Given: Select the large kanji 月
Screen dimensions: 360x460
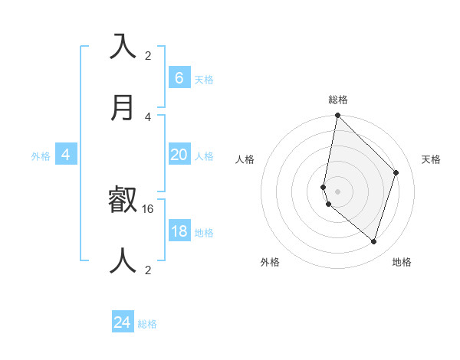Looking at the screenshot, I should coord(123,107).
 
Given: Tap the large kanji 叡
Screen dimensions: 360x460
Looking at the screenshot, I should coord(123,200).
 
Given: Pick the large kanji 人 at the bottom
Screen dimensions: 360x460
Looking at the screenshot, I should coord(123,261).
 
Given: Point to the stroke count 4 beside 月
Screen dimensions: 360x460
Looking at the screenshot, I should coord(148,116).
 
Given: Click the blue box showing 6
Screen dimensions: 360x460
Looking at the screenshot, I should coord(179,77).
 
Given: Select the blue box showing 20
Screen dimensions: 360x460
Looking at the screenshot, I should coord(179,154).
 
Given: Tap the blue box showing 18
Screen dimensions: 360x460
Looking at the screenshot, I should coord(179,231).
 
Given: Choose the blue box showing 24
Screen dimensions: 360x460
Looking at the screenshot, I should coord(123,322).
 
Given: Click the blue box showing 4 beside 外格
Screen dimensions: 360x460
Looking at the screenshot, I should coord(66,155).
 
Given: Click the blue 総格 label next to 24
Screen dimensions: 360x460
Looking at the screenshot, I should coord(148,324).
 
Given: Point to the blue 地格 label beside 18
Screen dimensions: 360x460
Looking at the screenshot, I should coord(205,232).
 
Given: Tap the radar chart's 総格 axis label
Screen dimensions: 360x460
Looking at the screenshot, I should coord(338,100).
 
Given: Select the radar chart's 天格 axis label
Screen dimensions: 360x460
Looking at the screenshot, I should coord(432,159).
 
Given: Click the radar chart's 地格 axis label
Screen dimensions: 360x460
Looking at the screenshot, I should coord(402,262).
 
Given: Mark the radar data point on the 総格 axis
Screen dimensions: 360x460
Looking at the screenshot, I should coord(337,115).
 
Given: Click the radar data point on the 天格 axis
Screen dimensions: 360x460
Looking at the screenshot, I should coord(396,172).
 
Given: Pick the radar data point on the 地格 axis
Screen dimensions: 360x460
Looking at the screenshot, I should coord(373,241).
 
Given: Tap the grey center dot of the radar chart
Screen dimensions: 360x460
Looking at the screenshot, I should coord(337,191).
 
